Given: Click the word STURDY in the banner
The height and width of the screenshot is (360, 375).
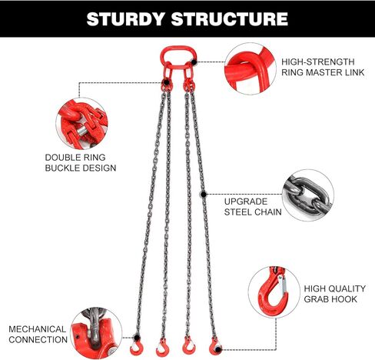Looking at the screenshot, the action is point(125,19).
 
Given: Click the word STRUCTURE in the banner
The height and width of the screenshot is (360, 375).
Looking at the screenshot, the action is point(230,19).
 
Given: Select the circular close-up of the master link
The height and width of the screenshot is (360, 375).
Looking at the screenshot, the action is point(251,69).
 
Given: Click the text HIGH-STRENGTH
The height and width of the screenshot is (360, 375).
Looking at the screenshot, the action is point(318,62).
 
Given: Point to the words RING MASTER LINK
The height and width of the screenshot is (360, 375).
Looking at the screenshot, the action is point(323,72).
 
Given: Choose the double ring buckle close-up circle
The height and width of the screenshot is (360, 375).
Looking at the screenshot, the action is point(81,124).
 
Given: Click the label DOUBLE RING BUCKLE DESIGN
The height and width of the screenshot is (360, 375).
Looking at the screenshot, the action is point(81,162).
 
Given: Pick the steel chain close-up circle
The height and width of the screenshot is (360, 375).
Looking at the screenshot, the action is point(308,195).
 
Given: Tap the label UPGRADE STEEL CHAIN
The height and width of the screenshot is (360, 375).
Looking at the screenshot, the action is point(253,207).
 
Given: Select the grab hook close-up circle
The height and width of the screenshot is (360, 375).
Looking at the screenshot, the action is point(274,292).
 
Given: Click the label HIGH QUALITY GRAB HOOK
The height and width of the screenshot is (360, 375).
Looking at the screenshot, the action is point(334,294).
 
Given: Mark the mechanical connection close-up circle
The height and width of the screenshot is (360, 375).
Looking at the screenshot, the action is point(96,333).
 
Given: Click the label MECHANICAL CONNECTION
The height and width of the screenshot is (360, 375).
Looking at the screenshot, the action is point(38,335).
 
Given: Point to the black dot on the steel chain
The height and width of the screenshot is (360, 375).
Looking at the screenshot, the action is point(204,195).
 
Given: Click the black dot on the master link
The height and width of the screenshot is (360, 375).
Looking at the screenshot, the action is point(194,62).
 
